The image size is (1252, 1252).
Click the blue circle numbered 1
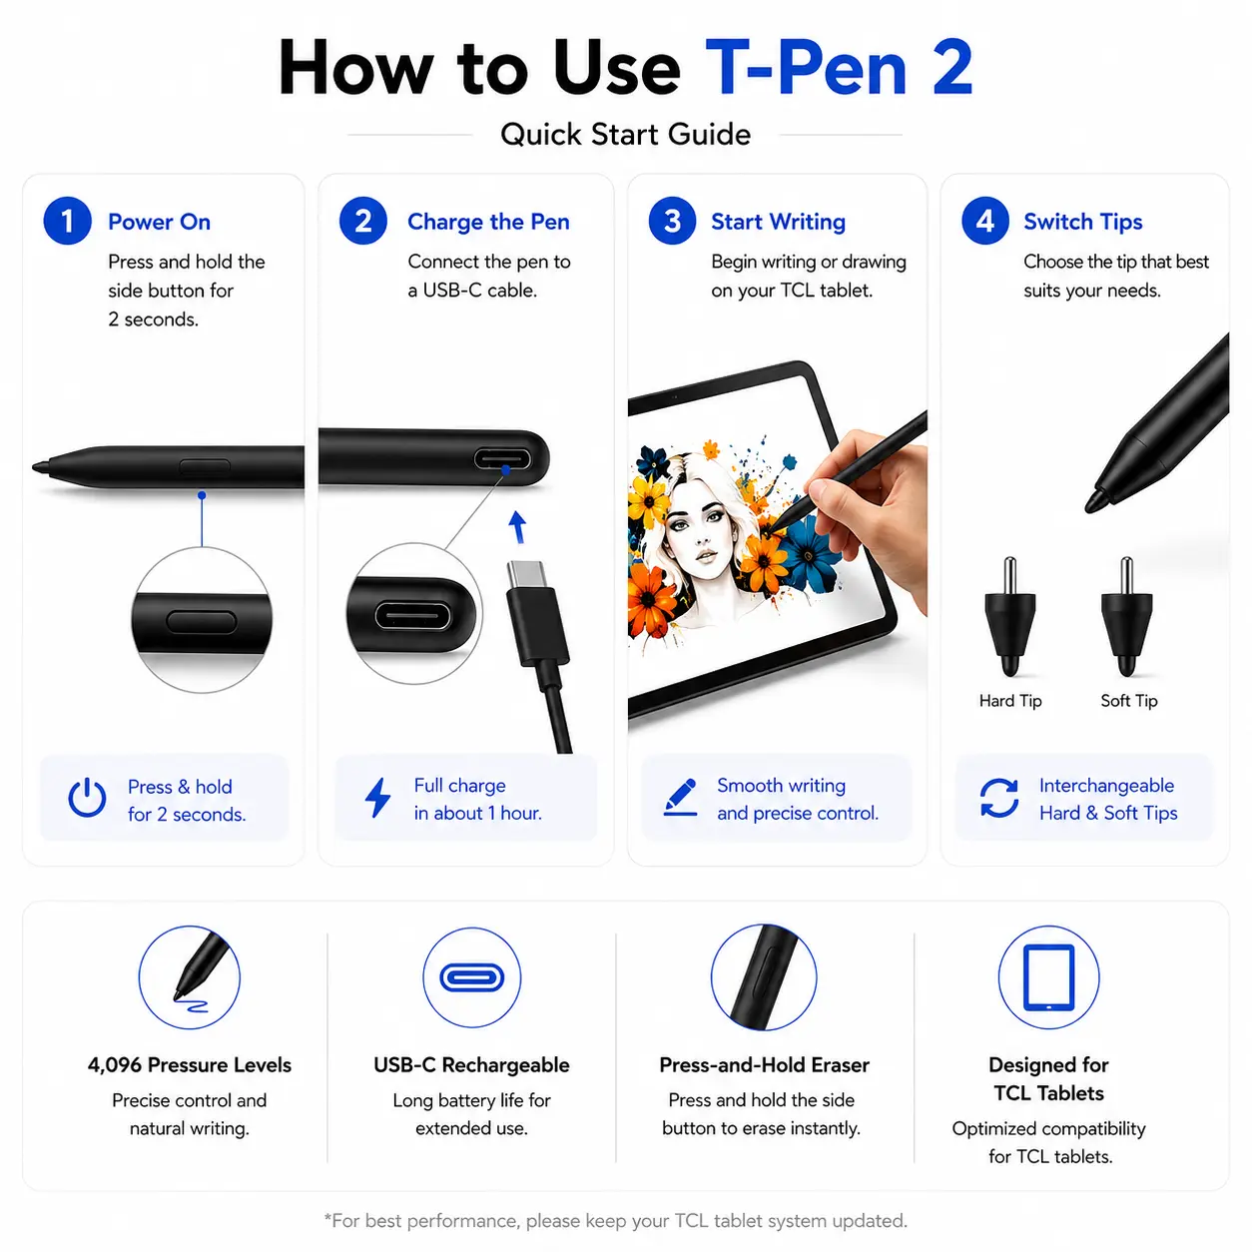point(67,221)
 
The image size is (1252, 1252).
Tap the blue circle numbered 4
point(985,221)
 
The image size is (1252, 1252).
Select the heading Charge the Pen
point(488,223)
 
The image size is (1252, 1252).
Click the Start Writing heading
point(779,223)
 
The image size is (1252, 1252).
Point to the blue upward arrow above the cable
point(517,526)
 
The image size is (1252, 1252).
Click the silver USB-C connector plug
point(527,574)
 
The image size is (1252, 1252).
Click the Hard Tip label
point(1010,701)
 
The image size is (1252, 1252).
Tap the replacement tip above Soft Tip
point(1126,616)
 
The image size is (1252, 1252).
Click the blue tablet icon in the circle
point(1048,977)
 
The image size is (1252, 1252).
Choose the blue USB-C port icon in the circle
point(471,977)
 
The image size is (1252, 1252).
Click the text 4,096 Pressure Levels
point(190,1065)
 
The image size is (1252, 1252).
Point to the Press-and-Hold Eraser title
point(764,1065)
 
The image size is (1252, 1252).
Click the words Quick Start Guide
point(626,135)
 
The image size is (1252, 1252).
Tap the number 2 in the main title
point(952,68)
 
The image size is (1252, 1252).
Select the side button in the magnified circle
point(201,621)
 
